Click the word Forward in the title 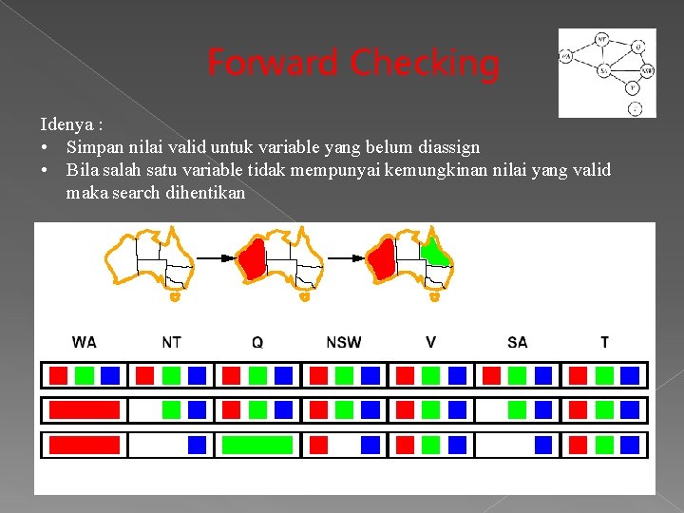pyautogui.click(x=273, y=64)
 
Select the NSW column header pyautogui.click(x=344, y=342)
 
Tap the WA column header pyautogui.click(x=85, y=342)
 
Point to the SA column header pyautogui.click(x=518, y=342)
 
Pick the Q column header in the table pyautogui.click(x=257, y=342)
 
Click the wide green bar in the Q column pyautogui.click(x=257, y=445)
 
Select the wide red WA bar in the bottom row pyautogui.click(x=85, y=445)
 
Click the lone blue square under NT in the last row pyautogui.click(x=197, y=445)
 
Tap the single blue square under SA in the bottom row pyautogui.click(x=543, y=445)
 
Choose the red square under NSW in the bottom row pyautogui.click(x=319, y=445)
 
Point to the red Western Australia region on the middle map pyautogui.click(x=252, y=258)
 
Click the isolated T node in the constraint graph pyautogui.click(x=635, y=108)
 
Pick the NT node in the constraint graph pyautogui.click(x=602, y=39)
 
